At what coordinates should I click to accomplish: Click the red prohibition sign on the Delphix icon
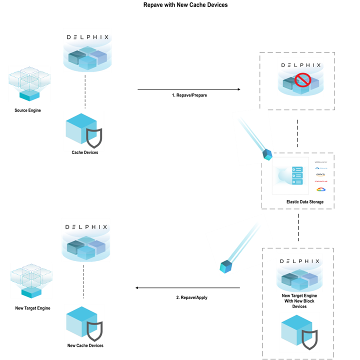coord(302,79)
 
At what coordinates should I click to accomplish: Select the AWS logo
coord(320,174)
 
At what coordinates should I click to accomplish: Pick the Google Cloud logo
coord(320,189)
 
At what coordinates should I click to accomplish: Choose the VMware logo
coord(320,162)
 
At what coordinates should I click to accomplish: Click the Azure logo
coord(320,168)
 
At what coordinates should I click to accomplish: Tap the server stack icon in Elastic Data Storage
coord(296,176)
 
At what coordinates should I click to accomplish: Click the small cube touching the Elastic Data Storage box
coord(267,155)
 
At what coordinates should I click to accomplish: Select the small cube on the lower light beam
coord(225,266)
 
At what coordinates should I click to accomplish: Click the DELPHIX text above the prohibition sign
coord(300,65)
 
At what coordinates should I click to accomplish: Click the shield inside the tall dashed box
coord(309,338)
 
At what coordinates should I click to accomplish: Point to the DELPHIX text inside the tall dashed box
coord(299,261)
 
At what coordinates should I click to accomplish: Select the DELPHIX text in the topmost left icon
coord(87,37)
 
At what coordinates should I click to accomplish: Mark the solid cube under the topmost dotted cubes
coord(29,94)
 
